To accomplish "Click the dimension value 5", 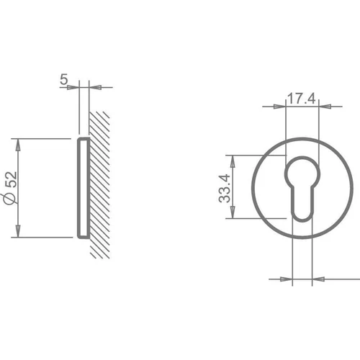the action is pyautogui.click(x=64, y=79).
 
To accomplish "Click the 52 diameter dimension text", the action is pyautogui.click(x=12, y=179).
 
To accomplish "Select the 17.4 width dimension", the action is pyautogui.click(x=301, y=99).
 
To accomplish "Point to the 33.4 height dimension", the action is pyautogui.click(x=225, y=189).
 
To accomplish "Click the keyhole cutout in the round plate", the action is pyautogui.click(x=302, y=189).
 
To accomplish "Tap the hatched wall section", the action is pyautogui.click(x=99, y=185).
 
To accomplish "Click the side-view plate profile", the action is pyautogui.click(x=84, y=188).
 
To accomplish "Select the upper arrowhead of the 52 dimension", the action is pyautogui.click(x=18, y=145).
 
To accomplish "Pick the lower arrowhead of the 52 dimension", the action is pyautogui.click(x=18, y=231).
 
